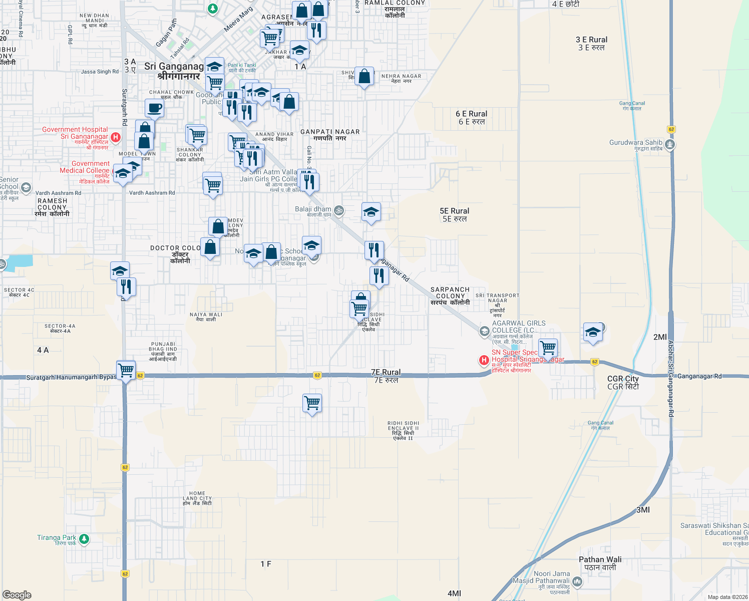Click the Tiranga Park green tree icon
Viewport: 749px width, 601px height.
pyautogui.click(x=84, y=539)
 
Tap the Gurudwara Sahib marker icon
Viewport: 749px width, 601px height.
pyautogui.click(x=670, y=145)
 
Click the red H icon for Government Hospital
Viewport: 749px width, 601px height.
pyautogui.click(x=116, y=137)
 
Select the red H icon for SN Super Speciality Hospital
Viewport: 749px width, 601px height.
pyautogui.click(x=484, y=360)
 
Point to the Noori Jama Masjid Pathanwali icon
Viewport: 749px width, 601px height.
pyautogui.click(x=577, y=581)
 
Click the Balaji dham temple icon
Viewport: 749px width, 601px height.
pyautogui.click(x=339, y=211)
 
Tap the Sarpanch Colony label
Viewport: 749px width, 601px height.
pyautogui.click(x=450, y=296)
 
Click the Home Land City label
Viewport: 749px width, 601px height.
pyautogui.click(x=197, y=498)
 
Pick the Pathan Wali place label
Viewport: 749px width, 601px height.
pyautogui.click(x=600, y=563)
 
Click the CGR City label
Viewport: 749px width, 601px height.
pyautogui.click(x=623, y=383)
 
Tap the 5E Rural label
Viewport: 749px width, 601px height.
pyautogui.click(x=455, y=215)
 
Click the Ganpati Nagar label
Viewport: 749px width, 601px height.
pyautogui.click(x=330, y=135)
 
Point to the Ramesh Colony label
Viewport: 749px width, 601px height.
pyautogui.click(x=52, y=207)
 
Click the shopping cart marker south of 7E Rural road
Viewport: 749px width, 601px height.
pyautogui.click(x=312, y=402)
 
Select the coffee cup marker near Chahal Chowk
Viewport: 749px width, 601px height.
pyautogui.click(x=154, y=108)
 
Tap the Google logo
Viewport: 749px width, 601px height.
pyautogui.click(x=17, y=594)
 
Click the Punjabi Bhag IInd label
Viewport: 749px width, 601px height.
pyautogui.click(x=163, y=352)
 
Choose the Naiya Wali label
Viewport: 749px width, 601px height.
pyautogui.click(x=206, y=317)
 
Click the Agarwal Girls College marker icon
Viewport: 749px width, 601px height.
pyautogui.click(x=484, y=331)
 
